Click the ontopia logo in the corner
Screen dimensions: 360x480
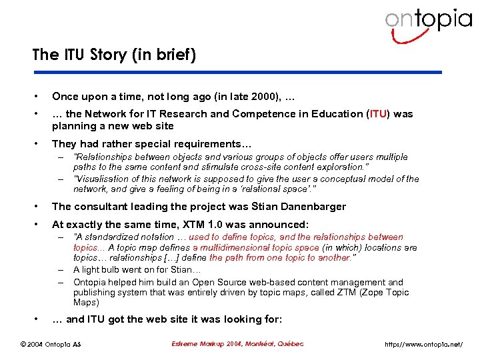pos(427,21)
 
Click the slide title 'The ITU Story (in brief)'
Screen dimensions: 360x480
pos(114,55)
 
